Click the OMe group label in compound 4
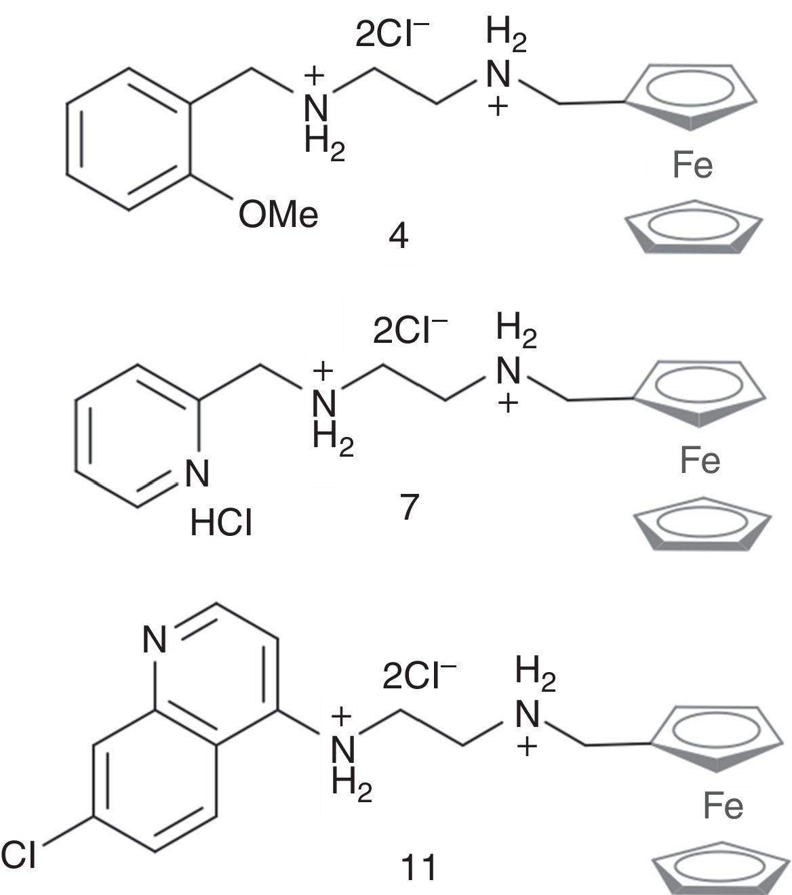pyautogui.click(x=278, y=215)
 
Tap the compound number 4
pyautogui.click(x=399, y=236)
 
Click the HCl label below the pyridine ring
pyautogui.click(x=221, y=524)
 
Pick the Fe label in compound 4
pyautogui.click(x=692, y=165)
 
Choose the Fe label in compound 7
pyautogui.click(x=700, y=461)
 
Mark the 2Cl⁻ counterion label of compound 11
pyautogui.click(x=418, y=675)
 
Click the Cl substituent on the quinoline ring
pyautogui.click(x=18, y=854)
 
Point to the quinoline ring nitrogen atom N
pyautogui.click(x=155, y=639)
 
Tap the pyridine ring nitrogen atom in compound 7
pyautogui.click(x=197, y=473)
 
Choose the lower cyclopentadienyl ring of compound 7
pyautogui.click(x=701, y=524)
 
